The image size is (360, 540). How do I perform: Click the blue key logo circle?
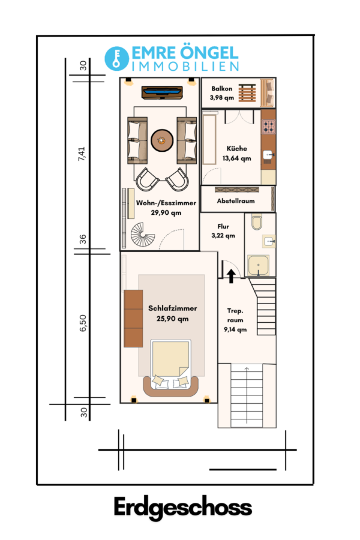pyautogui.click(x=117, y=59)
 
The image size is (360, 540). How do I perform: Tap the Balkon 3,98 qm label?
pyautogui.click(x=222, y=93)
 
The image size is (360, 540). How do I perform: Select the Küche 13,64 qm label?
pyautogui.click(x=236, y=153)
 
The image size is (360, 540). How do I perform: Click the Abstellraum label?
pyautogui.click(x=236, y=201)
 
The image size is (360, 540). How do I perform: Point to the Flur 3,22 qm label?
pyautogui.click(x=223, y=231)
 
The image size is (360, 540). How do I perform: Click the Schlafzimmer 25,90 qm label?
pyautogui.click(x=173, y=313)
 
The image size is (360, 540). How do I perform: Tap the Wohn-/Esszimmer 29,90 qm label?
pyautogui.click(x=166, y=208)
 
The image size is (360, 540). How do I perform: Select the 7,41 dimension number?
pyautogui.click(x=82, y=154)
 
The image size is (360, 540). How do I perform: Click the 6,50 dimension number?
pyautogui.click(x=83, y=323)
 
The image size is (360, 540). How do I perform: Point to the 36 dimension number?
pyautogui.click(x=83, y=239)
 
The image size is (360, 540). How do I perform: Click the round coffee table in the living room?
pyautogui.click(x=162, y=140)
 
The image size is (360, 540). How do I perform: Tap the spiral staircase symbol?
pyautogui.click(x=143, y=234)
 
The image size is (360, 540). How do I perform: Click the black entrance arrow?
pyautogui.click(x=231, y=276)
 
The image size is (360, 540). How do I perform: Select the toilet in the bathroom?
pyautogui.click(x=257, y=222)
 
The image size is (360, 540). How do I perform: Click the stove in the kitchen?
pyautogui.click(x=268, y=127)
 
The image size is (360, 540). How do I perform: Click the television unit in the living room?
pyautogui.click(x=162, y=92)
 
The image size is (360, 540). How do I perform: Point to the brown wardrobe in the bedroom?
pyautogui.click(x=133, y=318)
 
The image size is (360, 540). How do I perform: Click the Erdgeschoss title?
pyautogui.click(x=183, y=508)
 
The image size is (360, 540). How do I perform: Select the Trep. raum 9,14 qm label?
pyautogui.click(x=235, y=320)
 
